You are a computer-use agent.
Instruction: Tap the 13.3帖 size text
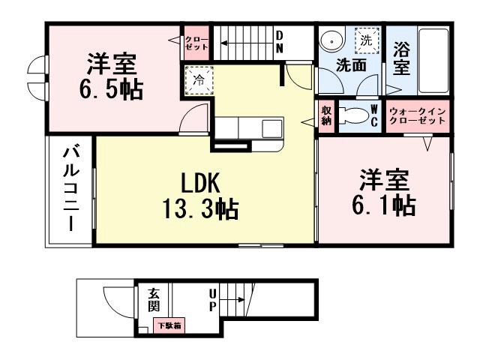tap(201, 208)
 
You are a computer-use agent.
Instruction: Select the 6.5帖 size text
tap(111, 88)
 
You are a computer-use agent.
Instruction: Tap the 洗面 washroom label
tap(350, 65)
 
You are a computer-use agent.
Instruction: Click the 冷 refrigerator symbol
tap(198, 79)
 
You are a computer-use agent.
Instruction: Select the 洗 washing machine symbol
tap(367, 40)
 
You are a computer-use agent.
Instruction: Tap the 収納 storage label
tap(326, 116)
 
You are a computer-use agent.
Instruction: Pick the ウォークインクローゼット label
tap(417, 116)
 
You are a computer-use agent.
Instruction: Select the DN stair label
tap(278, 41)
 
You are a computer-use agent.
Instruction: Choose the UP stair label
tap(213, 301)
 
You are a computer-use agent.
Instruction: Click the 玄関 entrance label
tap(154, 301)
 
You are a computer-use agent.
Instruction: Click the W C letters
tap(373, 116)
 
